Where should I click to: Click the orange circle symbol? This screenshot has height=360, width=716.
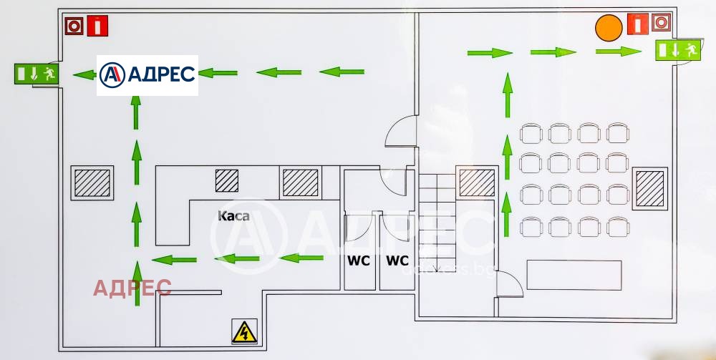[x=609, y=28]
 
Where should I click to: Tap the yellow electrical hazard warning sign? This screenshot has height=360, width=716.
[x=244, y=331]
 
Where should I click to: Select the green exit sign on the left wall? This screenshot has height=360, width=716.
[x=36, y=74]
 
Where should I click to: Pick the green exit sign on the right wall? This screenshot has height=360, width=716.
[x=677, y=50]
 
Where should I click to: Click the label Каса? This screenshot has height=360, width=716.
[x=233, y=215]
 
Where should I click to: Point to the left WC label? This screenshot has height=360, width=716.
[x=359, y=261]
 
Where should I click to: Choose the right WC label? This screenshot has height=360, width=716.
[x=397, y=261]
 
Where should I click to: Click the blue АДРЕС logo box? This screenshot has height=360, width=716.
[x=147, y=74]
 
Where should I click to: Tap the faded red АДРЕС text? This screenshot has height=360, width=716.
[x=132, y=288]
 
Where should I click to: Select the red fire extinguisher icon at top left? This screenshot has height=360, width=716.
[x=97, y=26]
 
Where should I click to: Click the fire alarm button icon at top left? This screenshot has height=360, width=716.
[x=74, y=26]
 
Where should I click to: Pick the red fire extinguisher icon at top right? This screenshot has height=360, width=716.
[x=637, y=24]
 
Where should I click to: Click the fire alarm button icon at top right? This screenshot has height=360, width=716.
[x=660, y=24]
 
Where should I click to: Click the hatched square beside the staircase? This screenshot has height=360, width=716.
[x=476, y=183]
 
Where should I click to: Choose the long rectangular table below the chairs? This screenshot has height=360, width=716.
[x=574, y=275]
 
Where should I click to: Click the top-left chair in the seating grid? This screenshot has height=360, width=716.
[x=531, y=133]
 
